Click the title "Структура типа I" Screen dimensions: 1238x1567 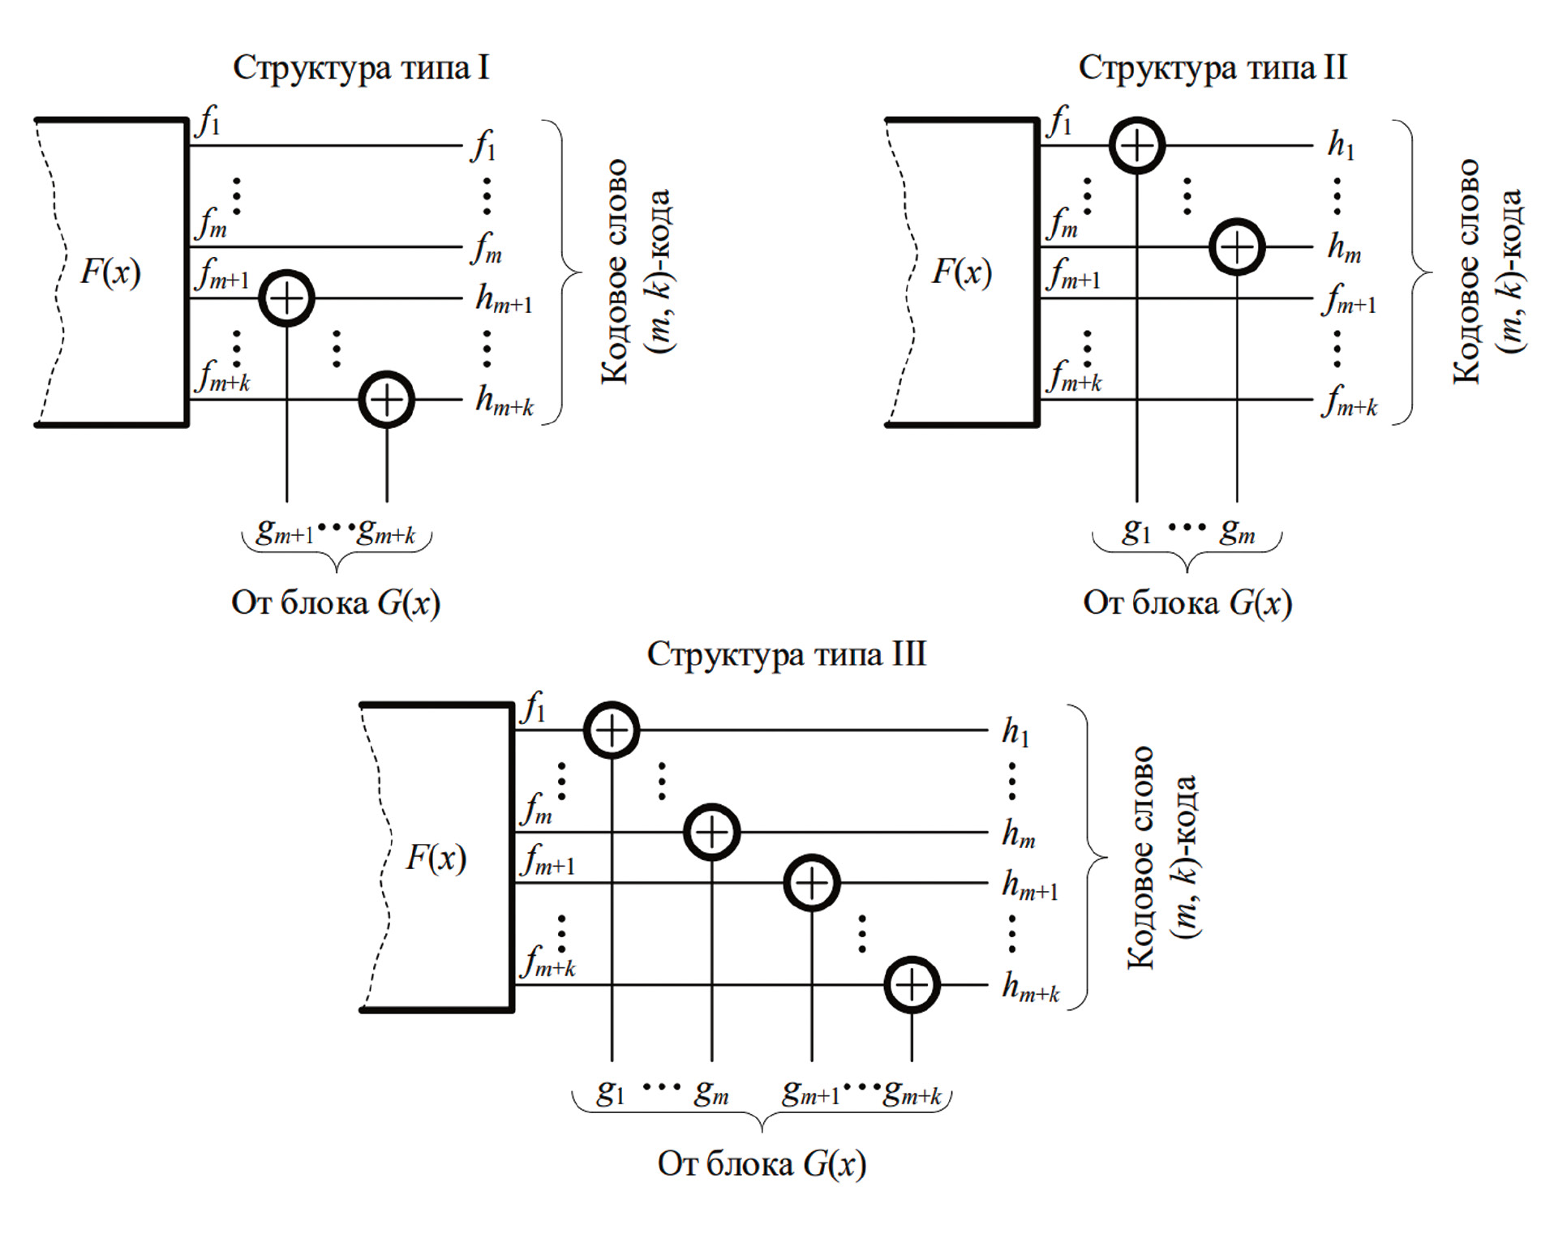click(361, 67)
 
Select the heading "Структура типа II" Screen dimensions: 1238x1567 click(1213, 67)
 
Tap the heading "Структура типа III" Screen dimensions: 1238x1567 click(786, 653)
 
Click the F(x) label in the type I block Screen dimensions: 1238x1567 click(110, 272)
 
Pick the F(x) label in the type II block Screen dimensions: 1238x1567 click(961, 272)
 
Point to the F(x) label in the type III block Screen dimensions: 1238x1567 click(436, 858)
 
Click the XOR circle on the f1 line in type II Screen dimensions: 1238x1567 click(1136, 146)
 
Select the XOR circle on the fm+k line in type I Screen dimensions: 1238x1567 click(387, 400)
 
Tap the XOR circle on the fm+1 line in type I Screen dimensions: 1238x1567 click(286, 298)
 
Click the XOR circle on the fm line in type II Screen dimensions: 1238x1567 click(1237, 247)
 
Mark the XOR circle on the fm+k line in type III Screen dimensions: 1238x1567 click(912, 985)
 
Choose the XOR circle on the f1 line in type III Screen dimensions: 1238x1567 click(612, 730)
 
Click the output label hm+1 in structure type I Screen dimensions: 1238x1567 click(504, 300)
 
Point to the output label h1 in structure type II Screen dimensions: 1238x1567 click(1341, 145)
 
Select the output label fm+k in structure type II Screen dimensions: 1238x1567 click(1349, 402)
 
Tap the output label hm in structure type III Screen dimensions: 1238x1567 click(1019, 833)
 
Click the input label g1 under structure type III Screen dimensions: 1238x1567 click(611, 1093)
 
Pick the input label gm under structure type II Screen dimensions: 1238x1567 click(1237, 532)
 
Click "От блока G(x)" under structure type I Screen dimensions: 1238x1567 click(336, 602)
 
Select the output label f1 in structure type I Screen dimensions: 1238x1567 click(483, 147)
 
